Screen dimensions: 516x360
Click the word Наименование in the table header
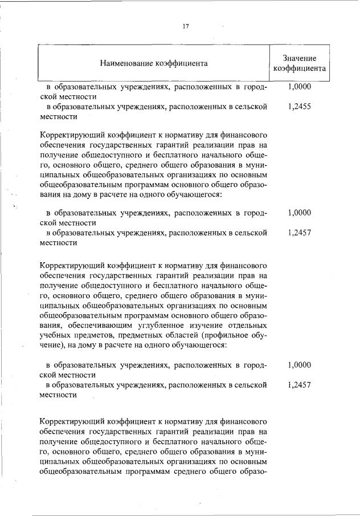point(124,63)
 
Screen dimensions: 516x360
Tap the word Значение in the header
point(299,58)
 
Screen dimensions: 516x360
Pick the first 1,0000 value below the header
point(299,87)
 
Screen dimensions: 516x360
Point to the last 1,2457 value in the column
point(299,385)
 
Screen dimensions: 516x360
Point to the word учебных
point(55,334)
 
